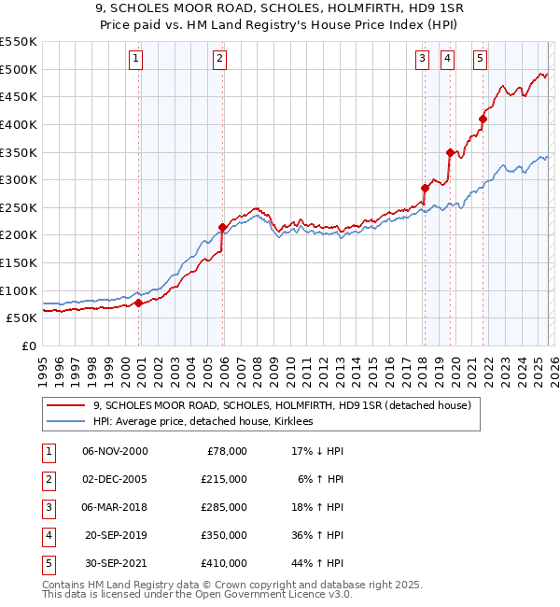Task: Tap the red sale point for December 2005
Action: [x=222, y=227]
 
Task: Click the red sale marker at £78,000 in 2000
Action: [x=138, y=303]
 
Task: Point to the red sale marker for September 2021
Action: [x=483, y=119]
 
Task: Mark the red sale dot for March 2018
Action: [x=425, y=188]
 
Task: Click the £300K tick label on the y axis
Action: [x=19, y=179]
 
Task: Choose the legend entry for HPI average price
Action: [x=203, y=421]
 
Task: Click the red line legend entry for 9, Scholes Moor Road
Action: [x=287, y=405]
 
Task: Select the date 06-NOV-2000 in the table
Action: [x=115, y=451]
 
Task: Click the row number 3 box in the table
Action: [x=46, y=507]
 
